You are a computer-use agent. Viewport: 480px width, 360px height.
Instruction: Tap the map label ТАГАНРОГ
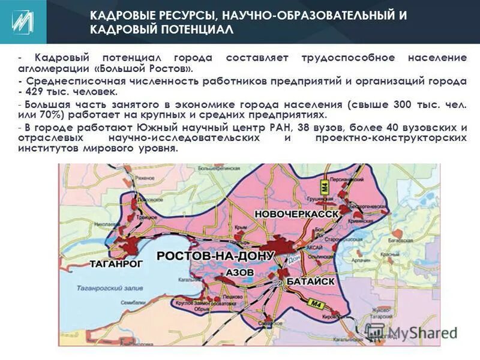point(116,263)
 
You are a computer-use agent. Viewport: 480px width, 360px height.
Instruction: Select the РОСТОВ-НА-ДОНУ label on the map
point(215,256)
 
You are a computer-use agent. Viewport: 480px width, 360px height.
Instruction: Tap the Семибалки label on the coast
point(133,302)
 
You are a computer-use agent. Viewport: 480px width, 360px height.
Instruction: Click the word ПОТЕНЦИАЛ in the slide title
point(194,29)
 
